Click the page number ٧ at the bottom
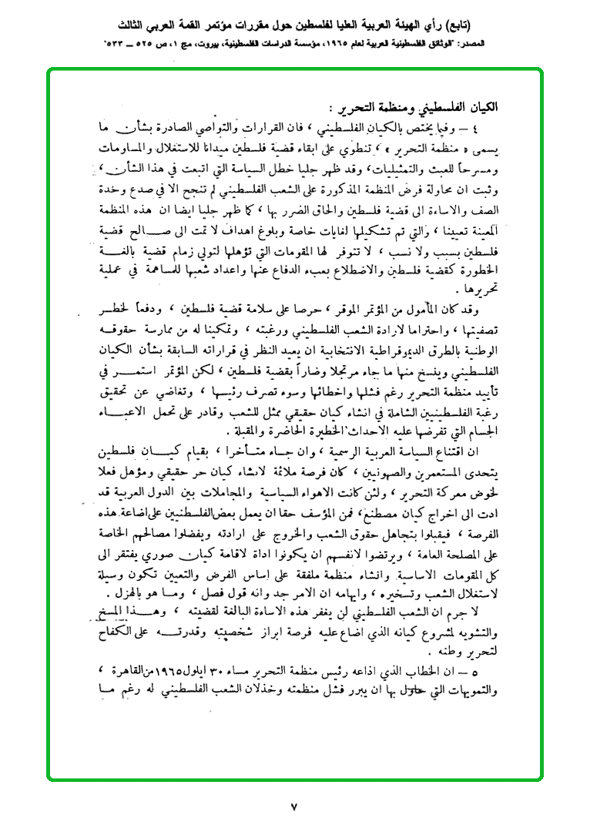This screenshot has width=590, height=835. (x=294, y=808)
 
